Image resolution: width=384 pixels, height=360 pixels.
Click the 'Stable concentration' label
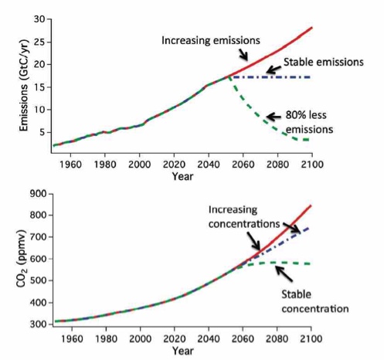(x=314, y=304)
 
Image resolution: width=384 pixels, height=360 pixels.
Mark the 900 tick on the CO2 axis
(x=36, y=193)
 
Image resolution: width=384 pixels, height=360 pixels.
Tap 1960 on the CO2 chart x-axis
(x=70, y=338)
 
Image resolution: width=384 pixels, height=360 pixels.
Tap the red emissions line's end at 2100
(x=311, y=28)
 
